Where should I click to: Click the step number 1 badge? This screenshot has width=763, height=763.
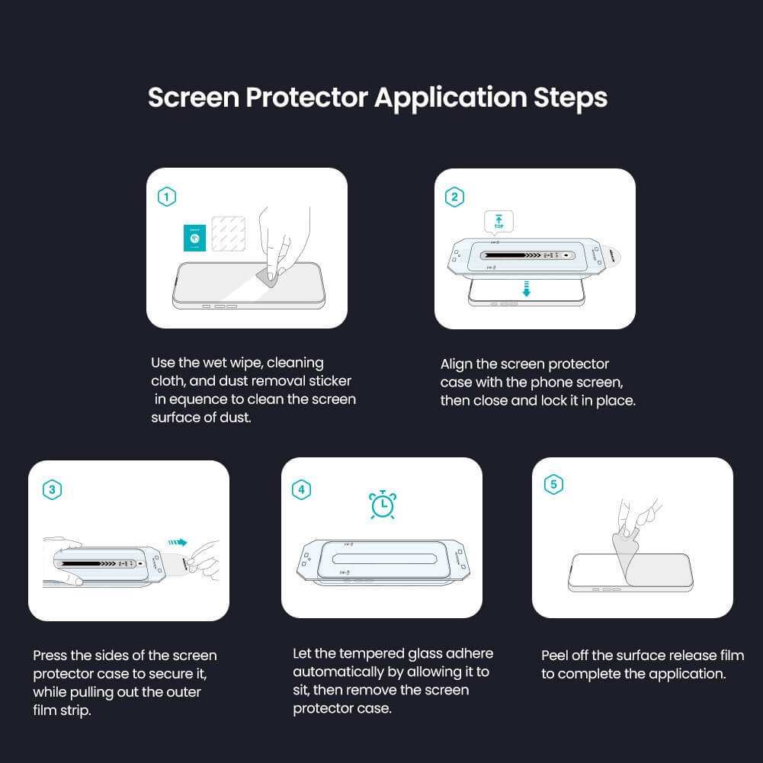[x=166, y=197]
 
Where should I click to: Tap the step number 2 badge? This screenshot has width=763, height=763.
[x=454, y=197]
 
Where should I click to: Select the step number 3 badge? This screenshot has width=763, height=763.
[x=52, y=489]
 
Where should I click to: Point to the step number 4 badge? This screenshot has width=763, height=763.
[x=302, y=489]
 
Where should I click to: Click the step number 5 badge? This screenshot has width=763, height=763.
[x=553, y=484]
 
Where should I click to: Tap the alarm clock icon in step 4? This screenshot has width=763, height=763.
[x=382, y=504]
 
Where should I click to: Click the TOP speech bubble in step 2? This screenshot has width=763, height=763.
[x=499, y=222]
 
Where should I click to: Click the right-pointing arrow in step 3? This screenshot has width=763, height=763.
[x=178, y=543]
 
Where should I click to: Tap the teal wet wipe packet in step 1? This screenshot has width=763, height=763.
[x=195, y=238]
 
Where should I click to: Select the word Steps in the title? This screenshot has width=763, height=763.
[x=569, y=98]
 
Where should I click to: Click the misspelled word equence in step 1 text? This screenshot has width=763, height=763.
[x=200, y=399]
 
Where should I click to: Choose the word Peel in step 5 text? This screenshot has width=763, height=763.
[x=556, y=656]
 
